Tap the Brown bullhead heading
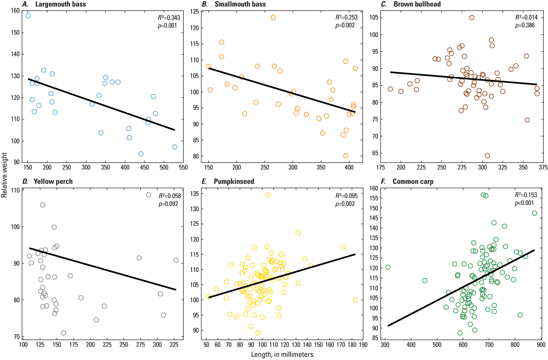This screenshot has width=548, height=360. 415,5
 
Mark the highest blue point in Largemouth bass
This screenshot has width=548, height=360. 28,16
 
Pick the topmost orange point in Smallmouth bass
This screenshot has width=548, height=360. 273,18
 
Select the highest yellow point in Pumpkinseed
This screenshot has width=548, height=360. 268,195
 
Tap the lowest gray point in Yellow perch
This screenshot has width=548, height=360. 63,333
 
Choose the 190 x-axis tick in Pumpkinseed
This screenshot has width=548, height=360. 363,345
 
